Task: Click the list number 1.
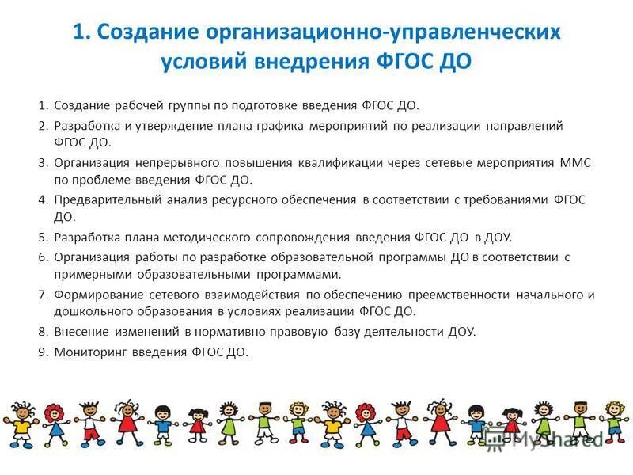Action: (x=43, y=105)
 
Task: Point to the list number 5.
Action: (x=43, y=237)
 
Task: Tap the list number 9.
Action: (x=43, y=352)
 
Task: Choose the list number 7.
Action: (x=43, y=294)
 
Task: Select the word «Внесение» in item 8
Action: (x=82, y=332)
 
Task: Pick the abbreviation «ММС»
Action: (x=575, y=163)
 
